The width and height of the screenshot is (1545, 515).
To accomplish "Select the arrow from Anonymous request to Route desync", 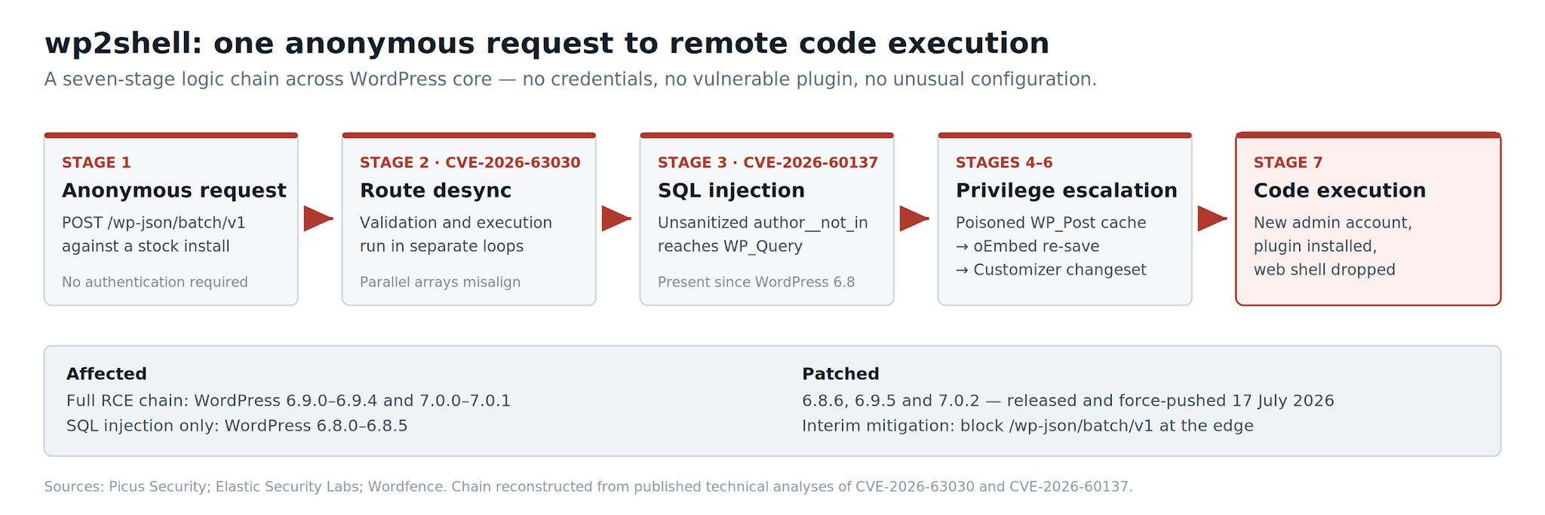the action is [x=318, y=219].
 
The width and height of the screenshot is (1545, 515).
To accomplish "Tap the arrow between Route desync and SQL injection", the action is [x=616, y=219].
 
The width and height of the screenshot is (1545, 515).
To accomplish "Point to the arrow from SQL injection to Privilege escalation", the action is [x=914, y=219].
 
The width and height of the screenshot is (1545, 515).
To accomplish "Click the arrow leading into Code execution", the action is [x=1212, y=219].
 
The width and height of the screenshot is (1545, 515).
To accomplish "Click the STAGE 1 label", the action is [x=97, y=163].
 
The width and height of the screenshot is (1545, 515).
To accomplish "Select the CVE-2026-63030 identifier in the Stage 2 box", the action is [x=513, y=163].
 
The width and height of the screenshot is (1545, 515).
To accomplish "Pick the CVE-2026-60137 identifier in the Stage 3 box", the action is [x=811, y=163].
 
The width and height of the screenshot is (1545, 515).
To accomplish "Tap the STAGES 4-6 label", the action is [x=1004, y=163].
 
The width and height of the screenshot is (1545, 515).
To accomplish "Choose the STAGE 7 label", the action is [x=1289, y=163].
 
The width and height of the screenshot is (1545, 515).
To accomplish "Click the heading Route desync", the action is [x=435, y=191].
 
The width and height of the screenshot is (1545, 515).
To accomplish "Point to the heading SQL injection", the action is [x=731, y=191].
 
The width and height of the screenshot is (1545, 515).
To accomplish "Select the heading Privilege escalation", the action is [x=1067, y=191].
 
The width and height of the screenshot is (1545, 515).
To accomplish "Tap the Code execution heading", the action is [x=1340, y=191].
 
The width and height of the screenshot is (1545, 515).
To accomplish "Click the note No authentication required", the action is [x=155, y=282].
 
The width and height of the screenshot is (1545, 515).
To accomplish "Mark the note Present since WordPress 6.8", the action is [x=756, y=282].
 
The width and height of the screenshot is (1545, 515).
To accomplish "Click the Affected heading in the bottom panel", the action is [x=106, y=374].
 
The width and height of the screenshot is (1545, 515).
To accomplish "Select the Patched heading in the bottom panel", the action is [x=840, y=374].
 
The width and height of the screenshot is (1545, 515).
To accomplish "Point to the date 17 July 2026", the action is [x=1283, y=401].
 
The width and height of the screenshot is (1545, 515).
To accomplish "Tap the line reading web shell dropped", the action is [x=1325, y=270].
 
